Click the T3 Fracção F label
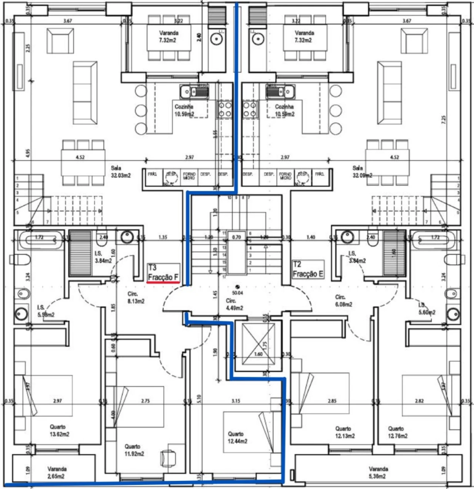tap(163, 272)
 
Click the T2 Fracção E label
tap(308, 269)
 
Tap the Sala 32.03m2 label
tap(121, 172)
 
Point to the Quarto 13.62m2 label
tap(59, 431)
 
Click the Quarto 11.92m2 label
tap(134, 450)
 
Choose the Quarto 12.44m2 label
tap(237, 438)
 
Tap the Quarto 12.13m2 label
tap(345, 432)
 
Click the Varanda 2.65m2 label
tap(57, 472)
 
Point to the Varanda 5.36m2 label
tap(378, 472)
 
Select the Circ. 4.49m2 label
tap(234, 304)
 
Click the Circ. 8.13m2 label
tap(136, 298)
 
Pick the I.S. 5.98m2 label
tap(46, 311)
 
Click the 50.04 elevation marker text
tap(237, 293)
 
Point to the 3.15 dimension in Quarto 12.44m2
tap(236, 401)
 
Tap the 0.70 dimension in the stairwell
tap(236, 237)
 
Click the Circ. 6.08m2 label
tap(343, 301)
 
